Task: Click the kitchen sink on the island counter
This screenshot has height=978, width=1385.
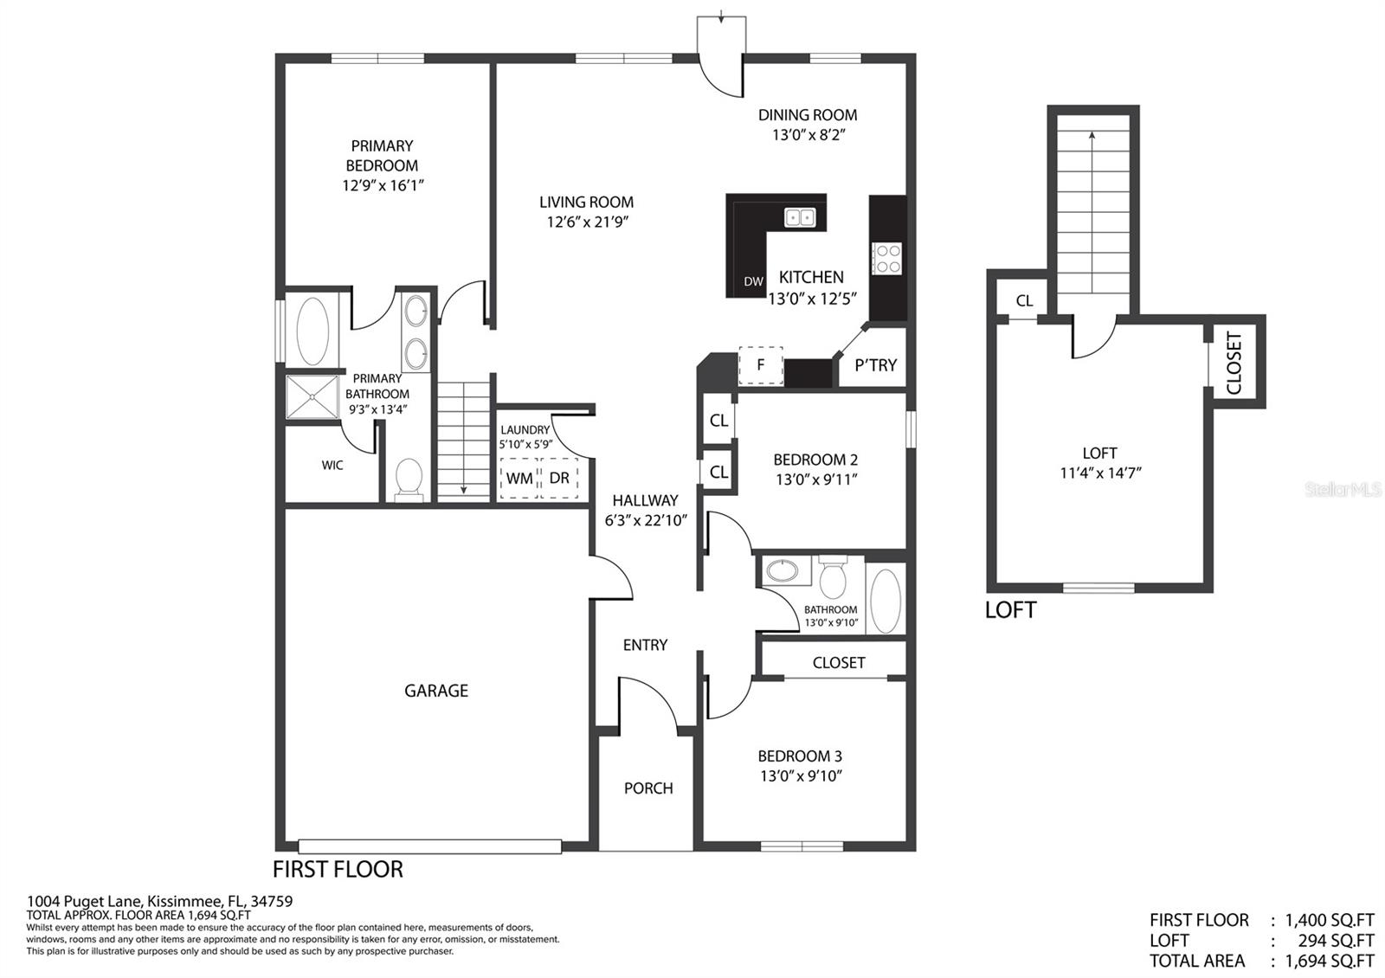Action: (800, 217)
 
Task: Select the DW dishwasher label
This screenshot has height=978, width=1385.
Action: (753, 281)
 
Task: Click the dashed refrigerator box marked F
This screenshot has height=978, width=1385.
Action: (761, 365)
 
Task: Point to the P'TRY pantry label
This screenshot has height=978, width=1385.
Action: (875, 365)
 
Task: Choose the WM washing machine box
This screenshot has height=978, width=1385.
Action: (519, 478)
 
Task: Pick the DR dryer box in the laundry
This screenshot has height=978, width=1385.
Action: (559, 478)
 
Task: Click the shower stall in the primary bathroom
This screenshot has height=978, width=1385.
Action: (312, 397)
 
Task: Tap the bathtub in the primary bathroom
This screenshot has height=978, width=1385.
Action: (312, 332)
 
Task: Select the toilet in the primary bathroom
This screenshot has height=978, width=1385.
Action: (408, 479)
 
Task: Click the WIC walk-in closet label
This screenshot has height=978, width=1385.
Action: (332, 465)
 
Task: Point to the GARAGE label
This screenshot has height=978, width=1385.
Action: (436, 691)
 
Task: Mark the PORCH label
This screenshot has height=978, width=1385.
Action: (648, 788)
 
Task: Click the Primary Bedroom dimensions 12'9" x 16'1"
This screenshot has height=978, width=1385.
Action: (383, 185)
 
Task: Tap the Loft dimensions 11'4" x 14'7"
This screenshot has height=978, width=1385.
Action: (1100, 473)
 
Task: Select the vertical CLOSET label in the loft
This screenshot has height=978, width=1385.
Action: (1234, 363)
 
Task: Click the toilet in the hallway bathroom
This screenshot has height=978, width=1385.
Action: (832, 577)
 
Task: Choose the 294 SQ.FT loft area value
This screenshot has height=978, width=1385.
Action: (1336, 940)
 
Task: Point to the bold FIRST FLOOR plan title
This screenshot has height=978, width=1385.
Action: (338, 869)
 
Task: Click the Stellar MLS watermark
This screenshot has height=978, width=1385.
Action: (1343, 490)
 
